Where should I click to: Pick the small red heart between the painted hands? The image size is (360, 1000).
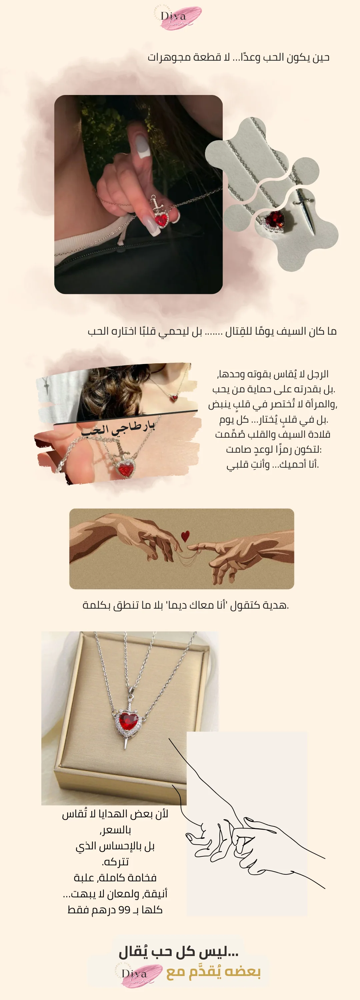(185, 536)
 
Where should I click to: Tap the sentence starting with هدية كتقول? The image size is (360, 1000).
(186, 605)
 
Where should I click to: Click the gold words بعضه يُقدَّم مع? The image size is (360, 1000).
(214, 972)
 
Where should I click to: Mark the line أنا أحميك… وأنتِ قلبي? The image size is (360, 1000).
(273, 464)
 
